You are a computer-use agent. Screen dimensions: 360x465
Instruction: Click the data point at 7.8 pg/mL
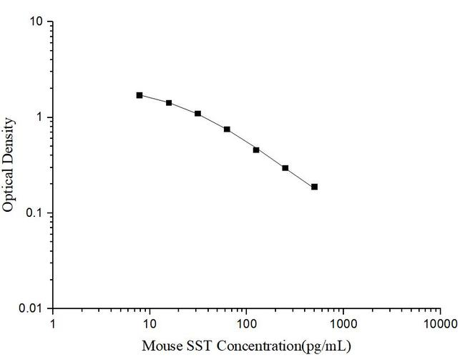point(139,95)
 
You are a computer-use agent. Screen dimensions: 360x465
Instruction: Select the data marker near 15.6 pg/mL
point(169,103)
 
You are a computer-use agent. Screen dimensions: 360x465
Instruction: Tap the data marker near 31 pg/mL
point(197,114)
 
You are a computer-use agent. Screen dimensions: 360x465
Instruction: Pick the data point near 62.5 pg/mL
point(227,130)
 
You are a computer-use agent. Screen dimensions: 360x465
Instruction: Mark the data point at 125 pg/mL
point(256,150)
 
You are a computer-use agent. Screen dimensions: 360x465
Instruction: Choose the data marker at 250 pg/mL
point(285,168)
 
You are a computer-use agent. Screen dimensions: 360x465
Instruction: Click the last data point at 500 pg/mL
point(314,187)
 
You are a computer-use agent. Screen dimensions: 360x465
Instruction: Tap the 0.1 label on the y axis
point(36,213)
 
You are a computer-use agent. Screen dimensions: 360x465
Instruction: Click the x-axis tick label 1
point(53,323)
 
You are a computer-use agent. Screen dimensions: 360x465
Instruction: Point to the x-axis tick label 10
point(150,323)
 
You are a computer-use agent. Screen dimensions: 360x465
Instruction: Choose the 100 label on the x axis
point(246,323)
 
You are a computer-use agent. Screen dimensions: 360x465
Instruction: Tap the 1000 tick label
point(343,323)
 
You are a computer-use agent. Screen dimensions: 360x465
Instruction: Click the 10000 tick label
point(439,323)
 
